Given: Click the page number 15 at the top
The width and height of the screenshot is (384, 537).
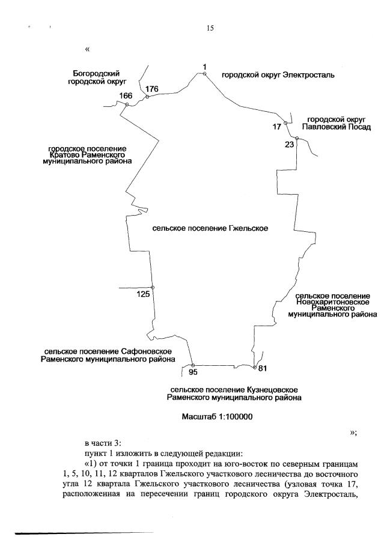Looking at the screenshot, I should point(210,28).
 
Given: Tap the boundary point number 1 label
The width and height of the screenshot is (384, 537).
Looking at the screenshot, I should point(204,66).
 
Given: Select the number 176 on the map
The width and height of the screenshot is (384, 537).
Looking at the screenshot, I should point(151,89).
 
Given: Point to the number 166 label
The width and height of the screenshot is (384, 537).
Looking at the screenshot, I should point(126,96).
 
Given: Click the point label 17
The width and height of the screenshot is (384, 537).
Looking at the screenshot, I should point(276,127).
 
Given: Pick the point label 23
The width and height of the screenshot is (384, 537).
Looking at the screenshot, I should point(290,144).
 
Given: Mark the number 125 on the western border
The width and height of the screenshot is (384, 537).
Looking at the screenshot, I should point(143,294).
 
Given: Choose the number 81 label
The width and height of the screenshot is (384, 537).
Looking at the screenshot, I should point(262,368).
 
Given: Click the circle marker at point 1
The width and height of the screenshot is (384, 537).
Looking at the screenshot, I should point(204,74).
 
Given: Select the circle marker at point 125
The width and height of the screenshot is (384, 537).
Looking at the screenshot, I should point(153,288).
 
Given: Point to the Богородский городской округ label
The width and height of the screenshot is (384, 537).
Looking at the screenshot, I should point(96,76).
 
